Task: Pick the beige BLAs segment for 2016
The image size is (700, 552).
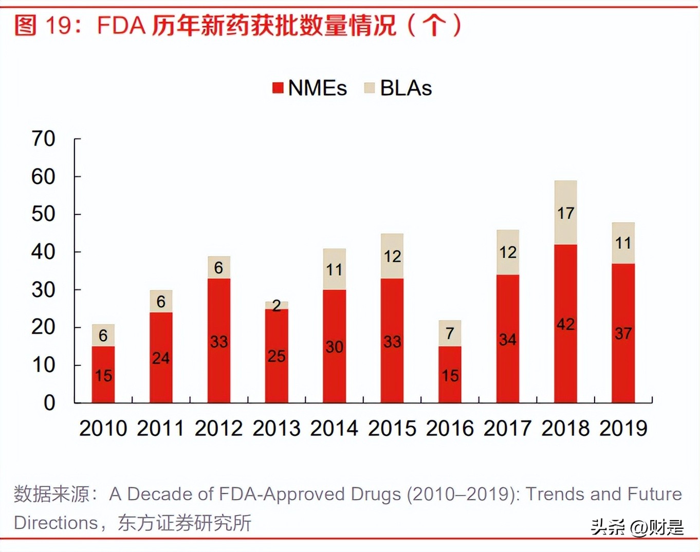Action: pyautogui.click(x=450, y=333)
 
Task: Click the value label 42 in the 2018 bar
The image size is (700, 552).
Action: pyautogui.click(x=565, y=324)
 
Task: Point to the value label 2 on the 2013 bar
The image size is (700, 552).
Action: pyautogui.click(x=277, y=306)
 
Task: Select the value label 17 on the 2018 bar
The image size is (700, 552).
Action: pyautogui.click(x=565, y=213)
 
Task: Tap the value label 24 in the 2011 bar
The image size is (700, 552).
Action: pyautogui.click(x=161, y=358)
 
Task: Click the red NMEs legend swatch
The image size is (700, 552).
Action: pyautogui.click(x=278, y=88)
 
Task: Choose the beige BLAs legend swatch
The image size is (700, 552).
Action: pyautogui.click(x=369, y=88)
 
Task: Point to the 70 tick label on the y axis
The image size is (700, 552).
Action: pyautogui.click(x=43, y=139)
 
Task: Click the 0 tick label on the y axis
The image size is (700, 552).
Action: pyautogui.click(x=49, y=403)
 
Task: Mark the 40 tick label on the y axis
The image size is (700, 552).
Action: pyautogui.click(x=43, y=252)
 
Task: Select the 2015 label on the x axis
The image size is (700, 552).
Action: pyautogui.click(x=392, y=428)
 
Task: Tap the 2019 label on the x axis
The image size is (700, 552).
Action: pyautogui.click(x=623, y=428)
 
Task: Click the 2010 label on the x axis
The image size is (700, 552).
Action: pyautogui.click(x=103, y=428)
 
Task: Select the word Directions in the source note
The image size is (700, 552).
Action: pyautogui.click(x=56, y=523)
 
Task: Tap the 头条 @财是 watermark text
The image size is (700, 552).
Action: pyautogui.click(x=637, y=527)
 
